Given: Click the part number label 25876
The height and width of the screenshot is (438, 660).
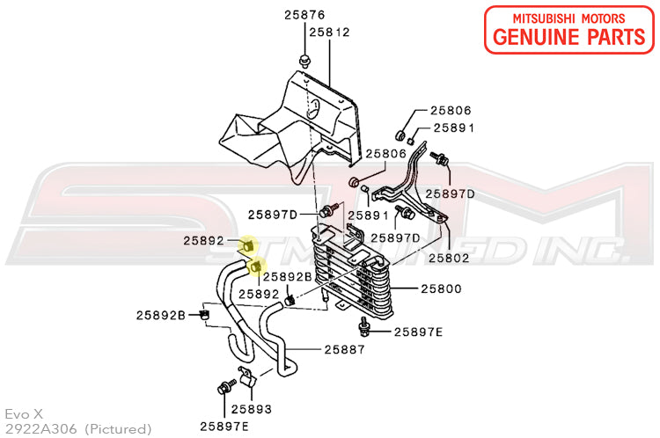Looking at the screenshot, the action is point(304,15).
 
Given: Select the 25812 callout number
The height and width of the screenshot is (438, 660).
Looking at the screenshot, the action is point(330,33).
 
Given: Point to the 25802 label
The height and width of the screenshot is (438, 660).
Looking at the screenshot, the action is point(449,258).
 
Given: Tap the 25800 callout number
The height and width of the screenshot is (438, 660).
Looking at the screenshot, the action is point(441,289).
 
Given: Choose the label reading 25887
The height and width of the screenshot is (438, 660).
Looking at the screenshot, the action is point(344,350).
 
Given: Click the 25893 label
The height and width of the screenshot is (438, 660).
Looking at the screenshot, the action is point(252,409).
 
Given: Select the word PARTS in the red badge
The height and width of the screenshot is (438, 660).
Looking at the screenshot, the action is point(616,37).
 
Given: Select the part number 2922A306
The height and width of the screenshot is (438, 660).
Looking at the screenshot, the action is point(40,429).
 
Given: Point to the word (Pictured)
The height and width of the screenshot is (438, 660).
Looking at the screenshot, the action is point(118,429).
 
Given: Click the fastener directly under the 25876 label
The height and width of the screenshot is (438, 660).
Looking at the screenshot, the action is point(304,62).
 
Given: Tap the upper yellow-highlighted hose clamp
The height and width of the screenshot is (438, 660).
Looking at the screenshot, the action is point(247,245).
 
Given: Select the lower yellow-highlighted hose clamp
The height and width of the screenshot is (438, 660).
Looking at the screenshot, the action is point(256,266).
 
